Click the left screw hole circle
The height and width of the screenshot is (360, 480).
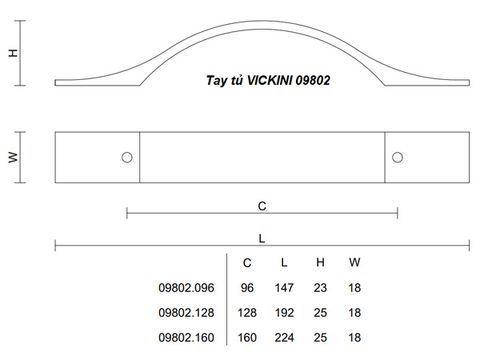[127, 157]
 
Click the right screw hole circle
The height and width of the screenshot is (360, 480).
[397, 157]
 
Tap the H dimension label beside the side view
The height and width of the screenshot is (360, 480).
[13, 53]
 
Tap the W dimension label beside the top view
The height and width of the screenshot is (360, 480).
[13, 157]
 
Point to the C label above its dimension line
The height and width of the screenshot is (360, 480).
[262, 206]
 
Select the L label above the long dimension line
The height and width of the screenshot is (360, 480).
[262, 239]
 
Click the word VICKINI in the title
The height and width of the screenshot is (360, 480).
[269, 80]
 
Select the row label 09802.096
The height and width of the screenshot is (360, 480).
[186, 288]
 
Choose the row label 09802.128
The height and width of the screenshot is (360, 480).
[186, 313]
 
